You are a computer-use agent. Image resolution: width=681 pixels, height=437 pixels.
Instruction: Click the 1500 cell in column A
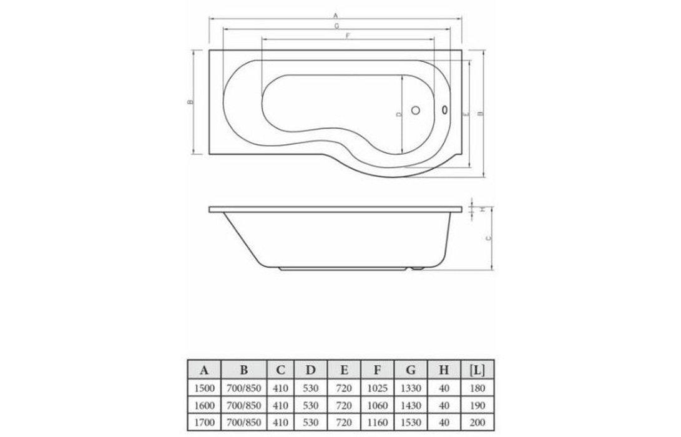click(x=204, y=388)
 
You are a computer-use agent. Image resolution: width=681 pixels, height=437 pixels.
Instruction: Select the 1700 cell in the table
click(x=204, y=422)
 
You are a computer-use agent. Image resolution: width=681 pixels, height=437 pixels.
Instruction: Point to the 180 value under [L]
click(x=479, y=388)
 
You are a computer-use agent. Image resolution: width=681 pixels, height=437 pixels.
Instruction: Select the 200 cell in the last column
click(x=479, y=422)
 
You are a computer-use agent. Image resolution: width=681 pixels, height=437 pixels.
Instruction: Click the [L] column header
click(x=479, y=370)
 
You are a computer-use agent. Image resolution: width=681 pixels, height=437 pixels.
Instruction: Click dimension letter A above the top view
click(x=335, y=14)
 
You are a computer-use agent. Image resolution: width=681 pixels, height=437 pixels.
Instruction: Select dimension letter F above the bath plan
click(x=346, y=36)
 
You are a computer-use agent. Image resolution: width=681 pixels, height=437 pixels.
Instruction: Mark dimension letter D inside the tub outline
click(x=398, y=114)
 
